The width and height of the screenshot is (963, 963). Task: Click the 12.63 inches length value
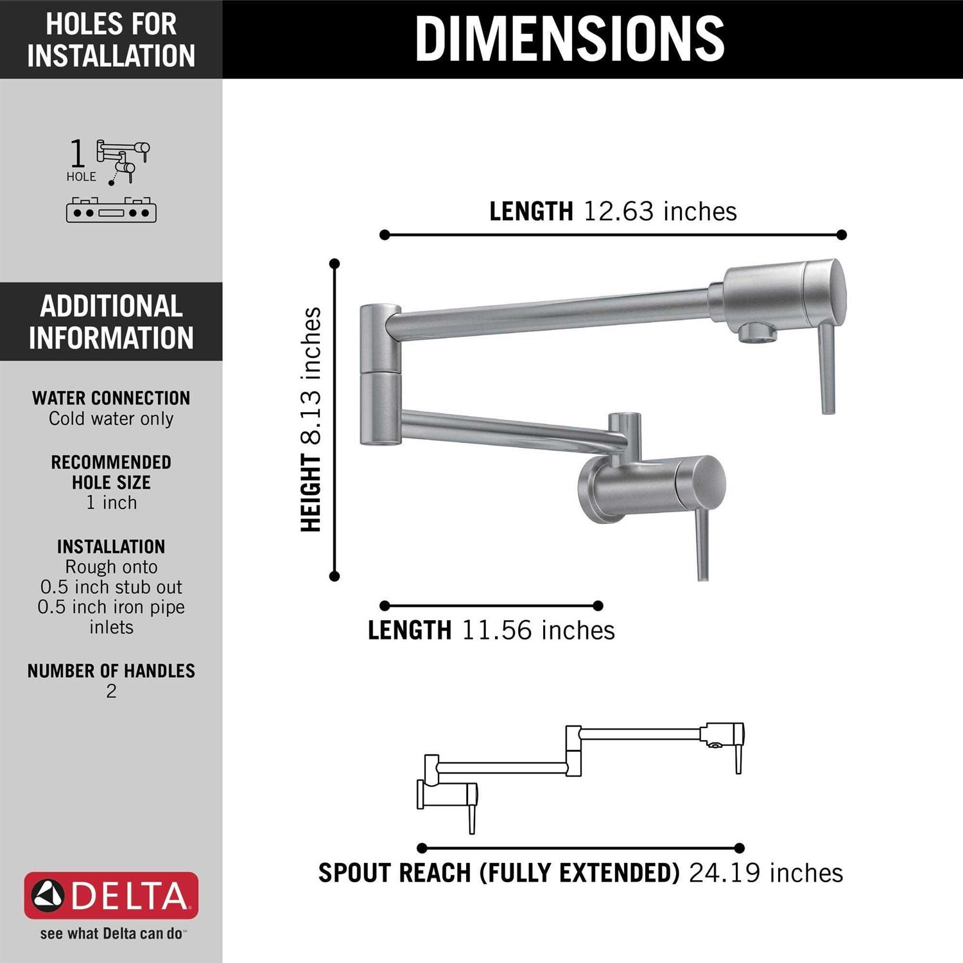coord(660,211)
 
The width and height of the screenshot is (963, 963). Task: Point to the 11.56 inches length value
coord(538,630)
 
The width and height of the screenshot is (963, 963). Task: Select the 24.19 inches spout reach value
coord(765,873)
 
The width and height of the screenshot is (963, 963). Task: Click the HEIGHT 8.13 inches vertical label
coord(311,420)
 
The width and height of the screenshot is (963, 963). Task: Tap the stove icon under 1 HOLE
coord(111,210)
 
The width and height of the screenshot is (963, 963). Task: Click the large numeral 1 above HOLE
coord(77,154)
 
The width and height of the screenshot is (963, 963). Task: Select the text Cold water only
coord(111,419)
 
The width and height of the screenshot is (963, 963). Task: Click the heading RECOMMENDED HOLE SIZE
coord(111,472)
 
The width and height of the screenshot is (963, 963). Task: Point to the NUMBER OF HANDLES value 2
coord(111,691)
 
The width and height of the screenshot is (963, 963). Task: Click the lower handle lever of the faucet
coord(703,546)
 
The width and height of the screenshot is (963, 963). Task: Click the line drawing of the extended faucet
coord(580,770)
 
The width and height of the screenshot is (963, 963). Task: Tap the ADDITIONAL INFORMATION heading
coord(111,322)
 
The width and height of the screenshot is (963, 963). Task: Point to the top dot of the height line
coord(334,263)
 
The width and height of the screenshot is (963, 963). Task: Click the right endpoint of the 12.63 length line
coord(842,235)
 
